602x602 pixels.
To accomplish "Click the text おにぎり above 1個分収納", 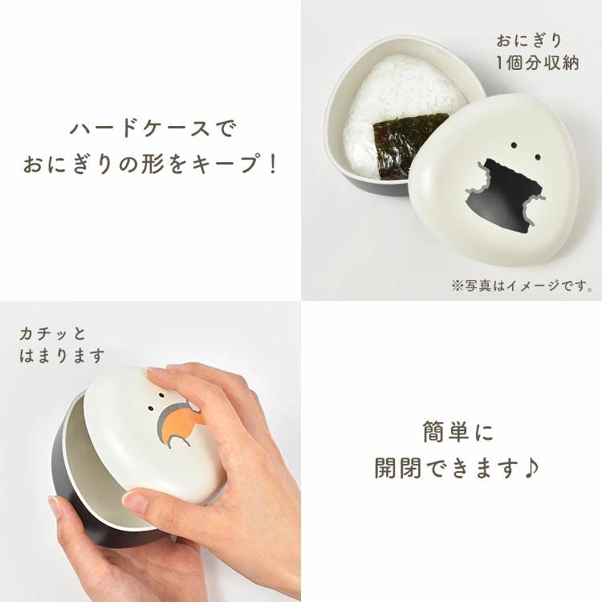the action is click(529, 41).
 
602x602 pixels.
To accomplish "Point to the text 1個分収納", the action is click(538, 63).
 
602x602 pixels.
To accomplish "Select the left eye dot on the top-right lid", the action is click(514, 145).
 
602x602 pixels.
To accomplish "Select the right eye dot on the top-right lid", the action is click(537, 157).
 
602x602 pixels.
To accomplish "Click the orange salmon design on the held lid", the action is click(180, 423).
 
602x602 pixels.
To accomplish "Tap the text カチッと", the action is click(53, 334).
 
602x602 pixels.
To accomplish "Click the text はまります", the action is click(62, 356).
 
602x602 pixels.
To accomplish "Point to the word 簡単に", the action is click(458, 432).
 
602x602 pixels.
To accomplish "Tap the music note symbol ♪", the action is click(531, 467).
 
